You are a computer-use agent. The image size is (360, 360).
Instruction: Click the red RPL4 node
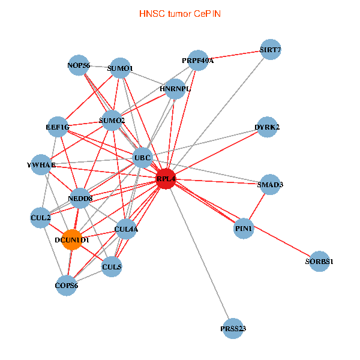166,179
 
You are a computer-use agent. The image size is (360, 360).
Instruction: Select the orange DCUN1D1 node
72,239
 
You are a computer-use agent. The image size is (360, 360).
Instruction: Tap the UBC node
143,158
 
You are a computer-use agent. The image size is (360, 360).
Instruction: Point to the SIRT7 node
271,49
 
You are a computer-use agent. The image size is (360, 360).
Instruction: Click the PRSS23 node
233,329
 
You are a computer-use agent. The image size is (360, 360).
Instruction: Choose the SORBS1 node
319,261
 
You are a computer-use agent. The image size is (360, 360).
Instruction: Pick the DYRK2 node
267,127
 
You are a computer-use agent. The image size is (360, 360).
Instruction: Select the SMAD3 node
270,184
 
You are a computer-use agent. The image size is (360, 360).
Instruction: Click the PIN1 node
244,229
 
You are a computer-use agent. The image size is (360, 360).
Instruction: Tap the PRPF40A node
198,61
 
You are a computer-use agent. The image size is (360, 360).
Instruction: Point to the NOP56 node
79,65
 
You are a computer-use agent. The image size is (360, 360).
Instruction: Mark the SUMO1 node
121,68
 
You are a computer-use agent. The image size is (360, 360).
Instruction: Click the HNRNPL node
175,89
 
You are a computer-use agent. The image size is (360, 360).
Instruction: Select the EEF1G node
58,127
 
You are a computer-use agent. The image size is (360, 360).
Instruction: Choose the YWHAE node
41,164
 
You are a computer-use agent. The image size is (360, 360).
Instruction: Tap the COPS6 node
67,286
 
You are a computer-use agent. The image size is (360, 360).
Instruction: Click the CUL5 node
112,266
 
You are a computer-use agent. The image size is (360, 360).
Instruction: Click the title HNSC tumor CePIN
180,14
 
